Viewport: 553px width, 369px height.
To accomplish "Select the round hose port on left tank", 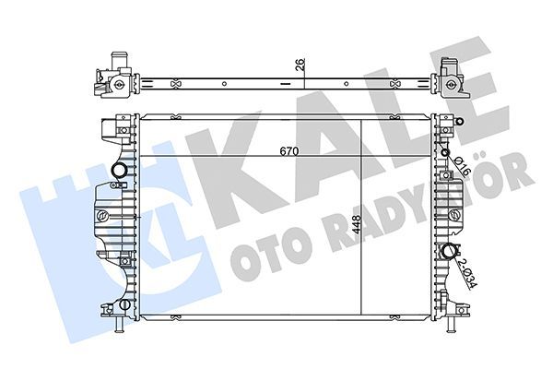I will coord(117,172).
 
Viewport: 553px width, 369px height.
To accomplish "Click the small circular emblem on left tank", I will coord(104,215).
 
